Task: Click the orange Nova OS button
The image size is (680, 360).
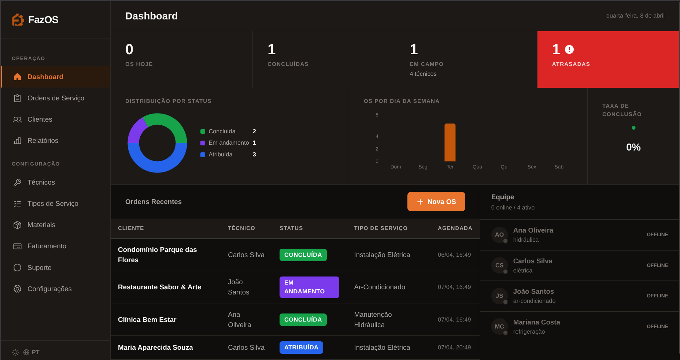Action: coord(436,202)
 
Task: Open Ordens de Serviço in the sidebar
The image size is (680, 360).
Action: coord(56,98)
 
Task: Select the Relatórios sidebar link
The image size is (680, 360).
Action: coord(42,141)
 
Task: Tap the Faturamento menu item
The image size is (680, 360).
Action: coord(47,246)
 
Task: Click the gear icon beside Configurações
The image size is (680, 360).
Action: coord(17,289)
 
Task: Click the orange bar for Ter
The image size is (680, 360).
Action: coord(450,142)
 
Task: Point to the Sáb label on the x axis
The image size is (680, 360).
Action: coord(559,167)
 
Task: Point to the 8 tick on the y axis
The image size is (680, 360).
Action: coord(377,115)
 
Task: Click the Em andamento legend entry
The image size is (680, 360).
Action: coord(228,143)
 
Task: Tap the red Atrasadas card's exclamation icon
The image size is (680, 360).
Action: coord(569,49)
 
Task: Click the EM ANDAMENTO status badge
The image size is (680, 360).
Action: coord(309,287)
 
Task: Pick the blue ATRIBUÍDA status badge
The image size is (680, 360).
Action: coord(301,348)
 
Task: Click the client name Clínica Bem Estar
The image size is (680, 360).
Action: coord(147,320)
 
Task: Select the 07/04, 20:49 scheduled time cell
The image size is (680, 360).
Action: coord(454,348)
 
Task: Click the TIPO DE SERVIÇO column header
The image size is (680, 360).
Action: coord(380,228)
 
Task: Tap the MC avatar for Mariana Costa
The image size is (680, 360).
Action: coord(499,326)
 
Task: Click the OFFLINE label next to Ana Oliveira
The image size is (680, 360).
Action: coord(657,235)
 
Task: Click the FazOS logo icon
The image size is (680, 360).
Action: coord(18,20)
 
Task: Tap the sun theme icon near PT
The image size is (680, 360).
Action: coord(15,352)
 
